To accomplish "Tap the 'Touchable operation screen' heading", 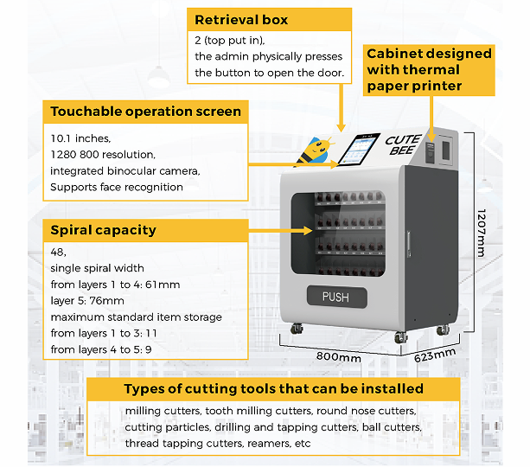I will tap(145, 112).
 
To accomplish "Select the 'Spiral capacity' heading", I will tap(103, 230).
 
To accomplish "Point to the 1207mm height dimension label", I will tap(481, 232).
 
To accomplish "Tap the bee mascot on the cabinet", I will tap(315, 150).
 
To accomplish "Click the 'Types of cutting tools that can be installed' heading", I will tap(273, 388).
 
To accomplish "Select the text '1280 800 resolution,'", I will tap(103, 155).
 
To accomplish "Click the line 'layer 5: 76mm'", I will tap(88, 301).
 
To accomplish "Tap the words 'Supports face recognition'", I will tap(117, 187).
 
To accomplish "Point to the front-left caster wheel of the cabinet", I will tap(297, 329).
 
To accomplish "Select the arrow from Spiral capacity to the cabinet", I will tap(281, 231).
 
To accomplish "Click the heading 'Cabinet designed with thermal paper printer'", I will tap(429, 69).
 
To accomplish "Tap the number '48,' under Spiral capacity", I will tap(60, 253).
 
